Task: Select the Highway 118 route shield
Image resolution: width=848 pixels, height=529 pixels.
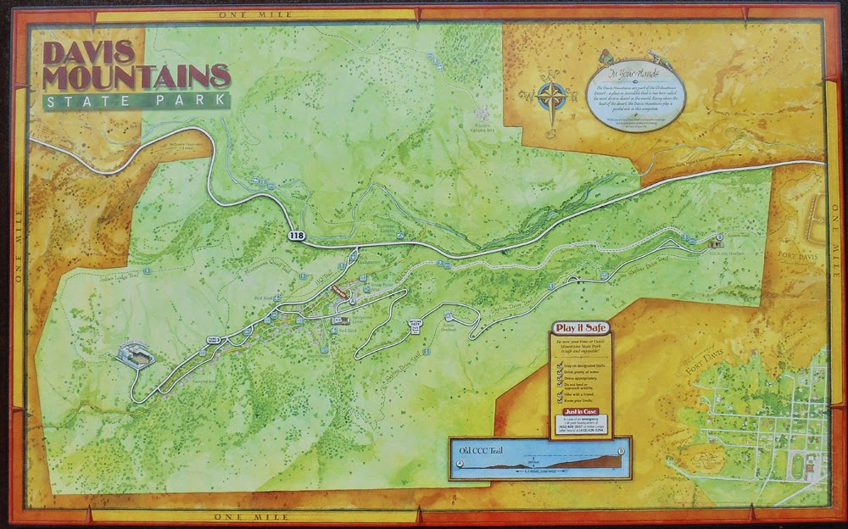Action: [295, 236]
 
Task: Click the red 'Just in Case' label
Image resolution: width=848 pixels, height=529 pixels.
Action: [577, 412]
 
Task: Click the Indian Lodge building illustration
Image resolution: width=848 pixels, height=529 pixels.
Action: [137, 355]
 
